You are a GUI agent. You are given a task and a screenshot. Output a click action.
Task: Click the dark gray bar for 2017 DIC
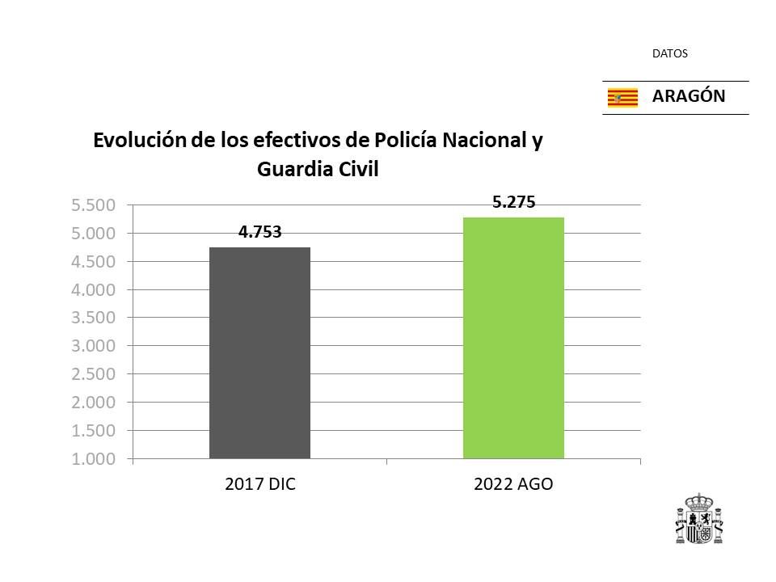(259, 352)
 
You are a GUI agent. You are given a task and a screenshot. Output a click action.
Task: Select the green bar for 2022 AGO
(513, 338)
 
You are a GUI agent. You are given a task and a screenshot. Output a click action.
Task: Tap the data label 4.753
(259, 233)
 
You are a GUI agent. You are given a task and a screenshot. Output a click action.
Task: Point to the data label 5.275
(513, 203)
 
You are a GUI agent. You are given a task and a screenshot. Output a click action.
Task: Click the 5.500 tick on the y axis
(94, 205)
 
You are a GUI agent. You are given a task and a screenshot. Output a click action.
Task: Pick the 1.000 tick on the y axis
(94, 458)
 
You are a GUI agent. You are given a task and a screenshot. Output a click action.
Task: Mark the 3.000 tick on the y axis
(94, 346)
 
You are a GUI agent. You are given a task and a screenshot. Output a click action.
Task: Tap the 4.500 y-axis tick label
(94, 262)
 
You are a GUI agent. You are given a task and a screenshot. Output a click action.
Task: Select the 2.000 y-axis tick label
(94, 403)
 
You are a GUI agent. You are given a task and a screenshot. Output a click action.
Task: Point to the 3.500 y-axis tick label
(94, 318)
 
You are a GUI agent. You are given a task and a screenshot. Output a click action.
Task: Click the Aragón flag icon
(622, 98)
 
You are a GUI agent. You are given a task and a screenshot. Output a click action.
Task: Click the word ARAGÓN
(689, 96)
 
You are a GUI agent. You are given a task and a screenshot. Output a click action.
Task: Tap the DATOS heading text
(669, 54)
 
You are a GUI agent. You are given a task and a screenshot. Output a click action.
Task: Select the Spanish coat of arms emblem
(698, 519)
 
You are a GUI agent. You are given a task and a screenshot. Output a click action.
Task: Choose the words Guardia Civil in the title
(318, 170)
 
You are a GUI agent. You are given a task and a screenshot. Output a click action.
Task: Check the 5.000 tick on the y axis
(94, 234)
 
